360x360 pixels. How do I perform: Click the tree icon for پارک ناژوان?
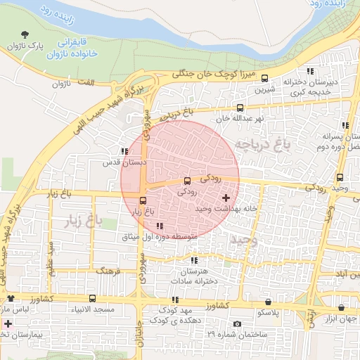point(26,34)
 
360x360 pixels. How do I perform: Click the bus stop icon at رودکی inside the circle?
point(186,181)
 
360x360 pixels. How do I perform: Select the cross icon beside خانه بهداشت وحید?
point(225,198)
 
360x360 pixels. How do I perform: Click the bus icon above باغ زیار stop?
point(144,200)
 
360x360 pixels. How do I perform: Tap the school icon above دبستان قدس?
point(124,151)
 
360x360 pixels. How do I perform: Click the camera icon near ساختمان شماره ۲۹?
point(237,323)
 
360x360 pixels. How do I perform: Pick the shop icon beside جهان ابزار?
point(341,308)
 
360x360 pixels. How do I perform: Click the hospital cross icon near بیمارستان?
point(8,324)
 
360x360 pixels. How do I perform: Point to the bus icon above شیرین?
point(264,78)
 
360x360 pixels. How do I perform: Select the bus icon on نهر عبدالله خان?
point(240,108)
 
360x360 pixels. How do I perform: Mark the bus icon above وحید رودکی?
point(340,177)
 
